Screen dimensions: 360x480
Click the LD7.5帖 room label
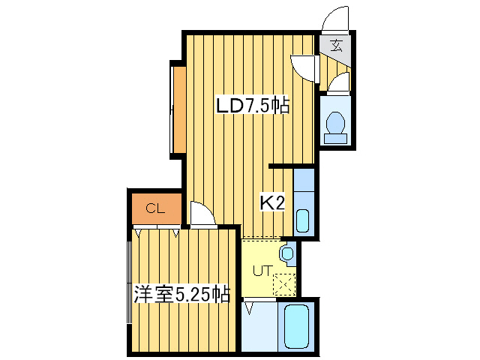pos(253,106)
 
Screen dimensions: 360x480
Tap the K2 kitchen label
pos(271,202)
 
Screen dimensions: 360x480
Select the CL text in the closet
pos(155,208)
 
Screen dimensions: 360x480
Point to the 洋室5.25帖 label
pos(181,293)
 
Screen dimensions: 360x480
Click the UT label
pos(260,271)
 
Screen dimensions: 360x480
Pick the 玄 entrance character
pos(336,44)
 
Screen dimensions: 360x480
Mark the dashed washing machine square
pos(285,285)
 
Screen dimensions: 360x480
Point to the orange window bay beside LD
pos(178,110)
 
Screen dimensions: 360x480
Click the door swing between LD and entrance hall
pos(304,68)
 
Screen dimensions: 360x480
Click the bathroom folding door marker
pos(251,307)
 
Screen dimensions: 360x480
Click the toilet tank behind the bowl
pos(335,137)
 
